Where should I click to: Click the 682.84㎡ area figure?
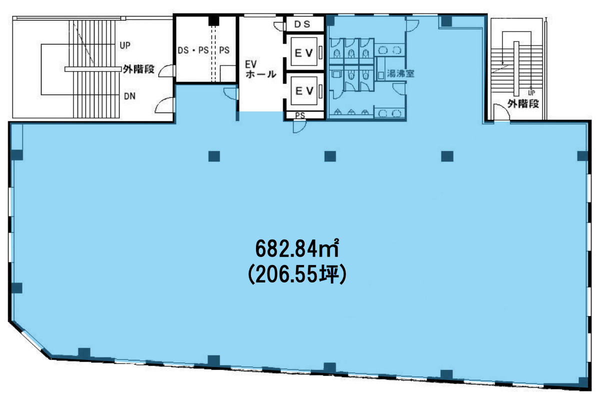297,248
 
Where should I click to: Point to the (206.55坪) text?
297,274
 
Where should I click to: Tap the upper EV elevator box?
304,52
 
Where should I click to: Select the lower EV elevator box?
304,91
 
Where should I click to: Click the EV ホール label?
260,69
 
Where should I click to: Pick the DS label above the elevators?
302,24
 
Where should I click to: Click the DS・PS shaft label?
193,50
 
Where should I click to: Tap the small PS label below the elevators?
300,115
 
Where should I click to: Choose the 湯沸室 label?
400,73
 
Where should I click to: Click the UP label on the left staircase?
125,45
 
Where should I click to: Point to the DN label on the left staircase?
129,96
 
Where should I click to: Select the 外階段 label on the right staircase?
523,103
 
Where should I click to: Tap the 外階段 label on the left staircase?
138,69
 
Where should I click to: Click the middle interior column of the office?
330,156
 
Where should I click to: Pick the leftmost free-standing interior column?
214,156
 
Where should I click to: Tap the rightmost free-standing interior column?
447,156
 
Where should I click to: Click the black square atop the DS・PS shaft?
214,21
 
